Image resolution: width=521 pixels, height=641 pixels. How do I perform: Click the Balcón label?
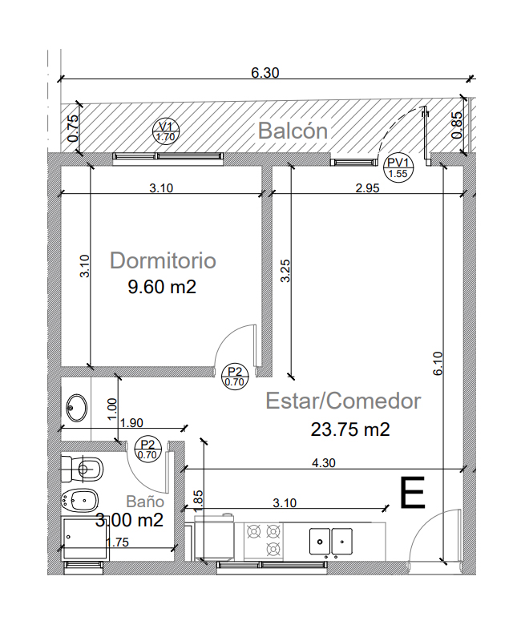(x=293, y=131)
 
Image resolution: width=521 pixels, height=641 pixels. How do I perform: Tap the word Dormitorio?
(x=163, y=260)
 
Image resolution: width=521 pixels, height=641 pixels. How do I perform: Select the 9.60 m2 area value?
(x=162, y=287)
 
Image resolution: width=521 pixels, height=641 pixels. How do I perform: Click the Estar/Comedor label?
(x=343, y=401)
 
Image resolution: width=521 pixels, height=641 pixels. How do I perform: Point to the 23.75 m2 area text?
(x=350, y=429)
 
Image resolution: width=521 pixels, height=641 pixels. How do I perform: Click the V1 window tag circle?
(x=166, y=131)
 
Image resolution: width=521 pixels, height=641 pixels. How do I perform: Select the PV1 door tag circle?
(x=398, y=168)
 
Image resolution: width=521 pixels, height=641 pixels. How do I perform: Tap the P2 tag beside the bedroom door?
(x=235, y=377)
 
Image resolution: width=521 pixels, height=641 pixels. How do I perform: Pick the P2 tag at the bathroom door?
(x=147, y=449)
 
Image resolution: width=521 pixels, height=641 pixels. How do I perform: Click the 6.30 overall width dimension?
(x=265, y=73)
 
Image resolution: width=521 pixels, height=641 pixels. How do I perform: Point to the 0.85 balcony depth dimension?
(x=457, y=125)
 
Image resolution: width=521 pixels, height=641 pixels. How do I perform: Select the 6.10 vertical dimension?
(x=438, y=364)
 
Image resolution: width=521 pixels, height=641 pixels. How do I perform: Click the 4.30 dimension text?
(x=324, y=463)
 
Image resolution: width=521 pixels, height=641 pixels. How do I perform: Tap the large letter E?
(x=412, y=493)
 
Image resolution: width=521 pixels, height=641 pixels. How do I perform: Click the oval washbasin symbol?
(x=77, y=408)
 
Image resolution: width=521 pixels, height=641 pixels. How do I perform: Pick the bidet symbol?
(x=79, y=499)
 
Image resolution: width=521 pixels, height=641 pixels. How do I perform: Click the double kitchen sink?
(x=331, y=542)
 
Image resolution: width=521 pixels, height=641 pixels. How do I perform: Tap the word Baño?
(x=145, y=502)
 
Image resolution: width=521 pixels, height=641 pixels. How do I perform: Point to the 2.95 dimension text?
(x=367, y=188)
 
